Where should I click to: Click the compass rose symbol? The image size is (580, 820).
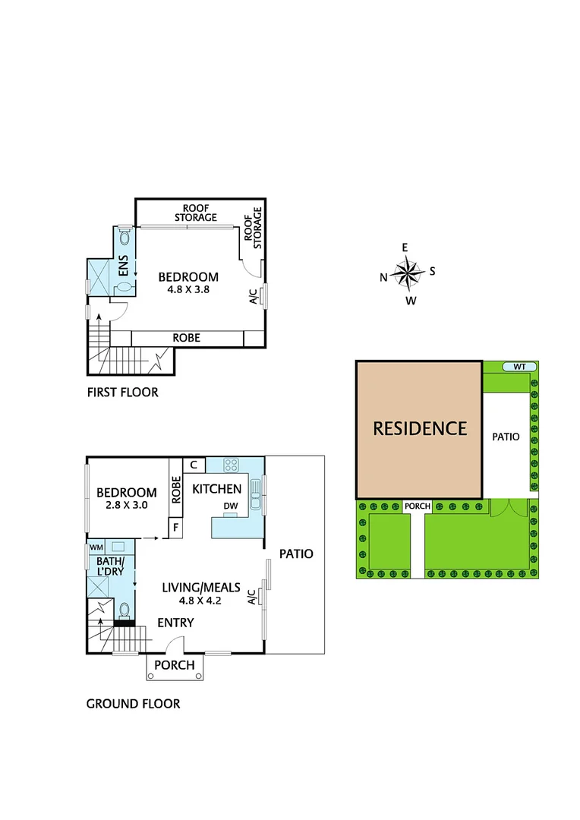click(408, 272)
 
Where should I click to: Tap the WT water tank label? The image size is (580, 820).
click(519, 367)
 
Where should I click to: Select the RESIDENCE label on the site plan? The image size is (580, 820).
click(419, 428)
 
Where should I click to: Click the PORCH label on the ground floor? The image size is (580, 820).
click(174, 665)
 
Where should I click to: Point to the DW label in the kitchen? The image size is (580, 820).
click(232, 506)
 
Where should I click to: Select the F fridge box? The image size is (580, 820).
click(175, 526)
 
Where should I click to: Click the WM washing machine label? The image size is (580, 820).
click(96, 547)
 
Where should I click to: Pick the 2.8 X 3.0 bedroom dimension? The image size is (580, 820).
click(126, 507)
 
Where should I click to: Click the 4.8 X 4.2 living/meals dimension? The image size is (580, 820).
click(201, 600)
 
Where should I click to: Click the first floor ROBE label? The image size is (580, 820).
click(186, 337)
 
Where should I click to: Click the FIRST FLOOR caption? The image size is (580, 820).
click(122, 393)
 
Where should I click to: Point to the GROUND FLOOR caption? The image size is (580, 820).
click(133, 704)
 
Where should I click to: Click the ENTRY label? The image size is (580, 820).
click(175, 623)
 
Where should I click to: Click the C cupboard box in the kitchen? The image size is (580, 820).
click(193, 465)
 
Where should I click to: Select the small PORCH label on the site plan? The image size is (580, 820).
click(418, 506)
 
